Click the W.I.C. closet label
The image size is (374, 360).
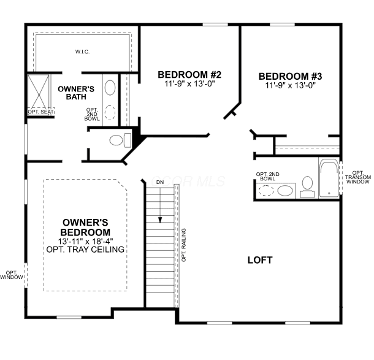83,52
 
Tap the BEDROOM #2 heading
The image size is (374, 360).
189,75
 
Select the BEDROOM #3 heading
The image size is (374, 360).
290,76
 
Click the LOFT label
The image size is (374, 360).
260,260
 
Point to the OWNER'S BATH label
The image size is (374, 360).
76,93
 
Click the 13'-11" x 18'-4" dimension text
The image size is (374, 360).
85,241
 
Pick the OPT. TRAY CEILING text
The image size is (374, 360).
85,250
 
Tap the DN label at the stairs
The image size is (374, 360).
160,182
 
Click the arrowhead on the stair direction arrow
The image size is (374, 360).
160,220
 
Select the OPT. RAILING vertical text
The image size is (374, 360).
184,245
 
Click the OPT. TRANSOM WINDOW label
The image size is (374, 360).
358,177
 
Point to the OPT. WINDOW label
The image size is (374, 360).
12,275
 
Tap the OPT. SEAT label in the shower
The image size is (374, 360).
40,112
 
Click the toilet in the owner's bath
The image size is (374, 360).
120,140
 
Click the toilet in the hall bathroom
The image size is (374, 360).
307,186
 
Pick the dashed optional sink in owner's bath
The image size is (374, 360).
110,112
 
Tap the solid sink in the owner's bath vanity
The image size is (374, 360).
110,88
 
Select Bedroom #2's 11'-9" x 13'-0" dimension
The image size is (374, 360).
189,84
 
